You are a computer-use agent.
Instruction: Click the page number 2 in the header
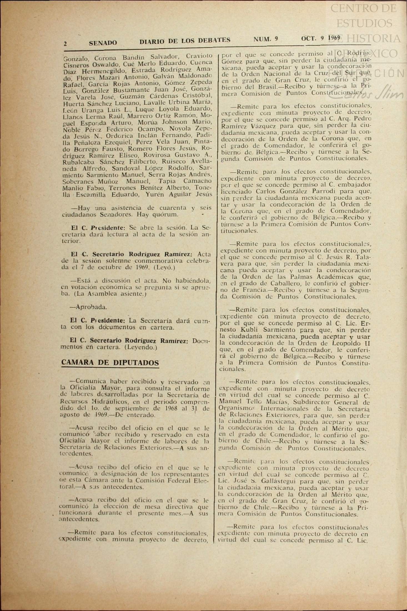[65, 44]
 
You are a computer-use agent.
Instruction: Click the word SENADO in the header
[103, 43]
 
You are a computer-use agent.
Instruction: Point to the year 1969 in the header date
[334, 38]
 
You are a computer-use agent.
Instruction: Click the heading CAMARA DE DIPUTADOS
[110, 363]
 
